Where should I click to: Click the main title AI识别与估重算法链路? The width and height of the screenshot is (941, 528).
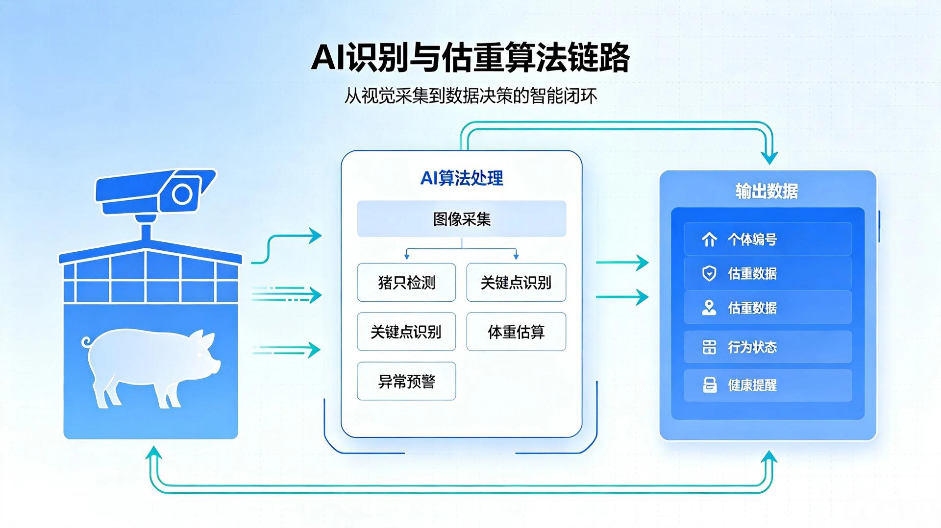point(470,57)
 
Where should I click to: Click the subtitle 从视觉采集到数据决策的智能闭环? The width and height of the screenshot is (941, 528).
point(470,96)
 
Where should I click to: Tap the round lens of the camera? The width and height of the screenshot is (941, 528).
point(182,194)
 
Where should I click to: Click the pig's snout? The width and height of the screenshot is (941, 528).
point(216,365)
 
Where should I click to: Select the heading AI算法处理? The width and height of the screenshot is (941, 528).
point(462,178)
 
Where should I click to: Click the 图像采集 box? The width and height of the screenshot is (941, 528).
point(462,218)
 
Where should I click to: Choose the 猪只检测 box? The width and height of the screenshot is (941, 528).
point(406,282)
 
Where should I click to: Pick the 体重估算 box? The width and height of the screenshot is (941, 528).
point(516,332)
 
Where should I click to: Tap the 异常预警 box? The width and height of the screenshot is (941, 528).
point(406,381)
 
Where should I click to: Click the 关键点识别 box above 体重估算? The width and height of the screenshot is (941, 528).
point(516,282)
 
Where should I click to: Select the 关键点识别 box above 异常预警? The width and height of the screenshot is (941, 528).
point(406,332)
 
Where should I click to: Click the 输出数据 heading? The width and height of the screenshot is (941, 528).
point(767,191)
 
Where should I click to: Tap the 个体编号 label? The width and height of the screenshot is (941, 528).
point(752,240)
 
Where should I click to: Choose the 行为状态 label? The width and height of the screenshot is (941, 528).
point(752,347)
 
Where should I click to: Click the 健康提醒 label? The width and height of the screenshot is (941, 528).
point(752,385)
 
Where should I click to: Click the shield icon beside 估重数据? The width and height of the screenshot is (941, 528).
point(709,273)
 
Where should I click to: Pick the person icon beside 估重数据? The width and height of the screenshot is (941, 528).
point(709,308)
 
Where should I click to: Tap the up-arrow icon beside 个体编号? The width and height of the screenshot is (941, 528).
point(709,240)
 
